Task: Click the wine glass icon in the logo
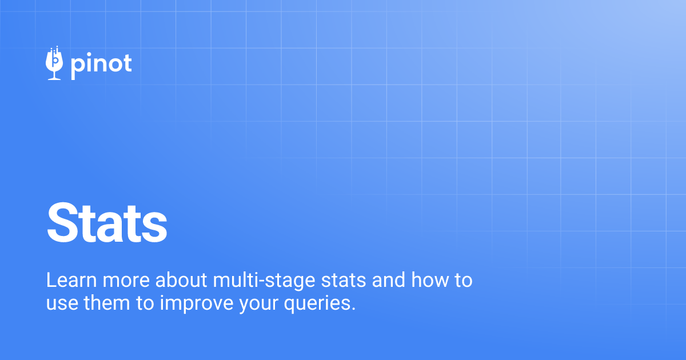tap(54, 63)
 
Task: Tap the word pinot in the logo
tap(101, 65)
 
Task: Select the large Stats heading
tap(107, 224)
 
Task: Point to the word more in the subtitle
tap(121, 281)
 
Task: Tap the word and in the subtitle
tap(386, 281)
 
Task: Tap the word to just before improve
tap(144, 303)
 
